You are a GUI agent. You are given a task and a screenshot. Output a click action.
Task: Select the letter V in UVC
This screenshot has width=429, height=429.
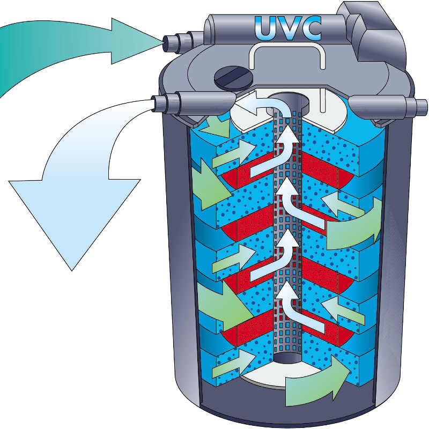pyautogui.click(x=289, y=28)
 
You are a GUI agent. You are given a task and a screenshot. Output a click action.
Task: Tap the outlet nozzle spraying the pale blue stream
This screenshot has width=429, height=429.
pyautogui.click(x=167, y=102)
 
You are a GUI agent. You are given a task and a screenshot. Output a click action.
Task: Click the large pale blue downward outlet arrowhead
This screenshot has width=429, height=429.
pyautogui.click(x=72, y=214)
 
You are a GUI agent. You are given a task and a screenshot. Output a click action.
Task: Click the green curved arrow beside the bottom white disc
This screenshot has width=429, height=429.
pyautogui.click(x=316, y=383)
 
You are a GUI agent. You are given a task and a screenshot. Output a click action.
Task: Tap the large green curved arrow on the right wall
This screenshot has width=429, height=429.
pyautogui.click(x=357, y=225)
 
